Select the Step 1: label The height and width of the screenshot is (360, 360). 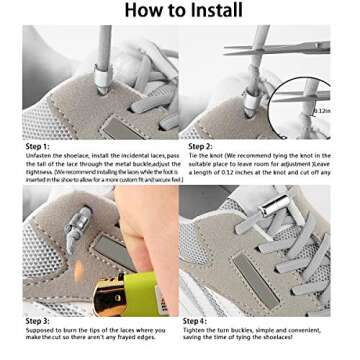(x=37, y=146)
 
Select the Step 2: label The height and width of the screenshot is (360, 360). (x=200, y=146)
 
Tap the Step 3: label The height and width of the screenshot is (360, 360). (x=37, y=320)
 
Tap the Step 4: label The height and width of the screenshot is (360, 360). (x=194, y=320)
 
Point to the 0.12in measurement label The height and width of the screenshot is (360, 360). (x=322, y=110)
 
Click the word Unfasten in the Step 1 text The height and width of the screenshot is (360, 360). (x=39, y=155)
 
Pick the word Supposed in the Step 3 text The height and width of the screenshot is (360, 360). (x=41, y=329)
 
